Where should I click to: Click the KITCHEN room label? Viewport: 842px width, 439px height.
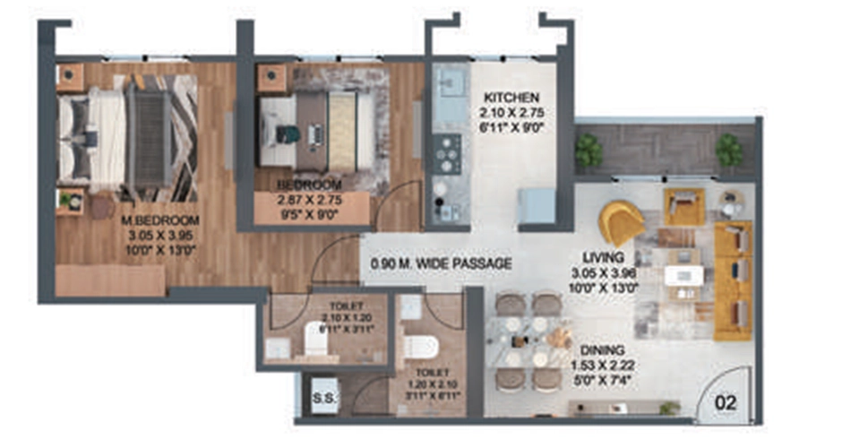click(x=511, y=97)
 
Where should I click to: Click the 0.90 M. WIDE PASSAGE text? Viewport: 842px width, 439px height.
click(x=442, y=263)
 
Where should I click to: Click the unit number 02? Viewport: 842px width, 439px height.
click(x=726, y=403)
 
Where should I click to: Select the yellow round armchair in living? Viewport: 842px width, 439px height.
click(x=622, y=222)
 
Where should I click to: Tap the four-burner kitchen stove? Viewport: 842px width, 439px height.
click(x=445, y=153)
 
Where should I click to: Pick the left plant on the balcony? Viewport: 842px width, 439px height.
click(x=589, y=150)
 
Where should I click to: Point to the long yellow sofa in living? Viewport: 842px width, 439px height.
click(x=733, y=280)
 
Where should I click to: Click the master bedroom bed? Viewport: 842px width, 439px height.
click(x=125, y=139)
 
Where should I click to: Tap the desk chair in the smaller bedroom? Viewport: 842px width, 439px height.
click(x=287, y=134)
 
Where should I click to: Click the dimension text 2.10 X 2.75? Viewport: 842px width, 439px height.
click(x=511, y=113)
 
